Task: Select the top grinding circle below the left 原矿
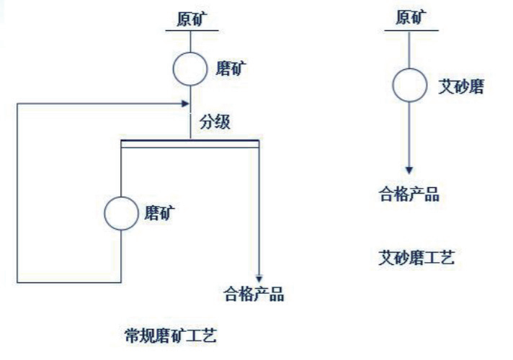point(190,69)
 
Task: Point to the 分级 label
point(215,122)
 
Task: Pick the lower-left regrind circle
point(122,212)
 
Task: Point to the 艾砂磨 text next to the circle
point(460,87)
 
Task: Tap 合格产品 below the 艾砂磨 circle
point(409,194)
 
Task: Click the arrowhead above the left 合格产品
point(259,278)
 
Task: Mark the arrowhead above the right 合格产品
point(409,170)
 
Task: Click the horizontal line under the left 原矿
point(190,30)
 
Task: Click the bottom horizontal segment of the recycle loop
point(68,280)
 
